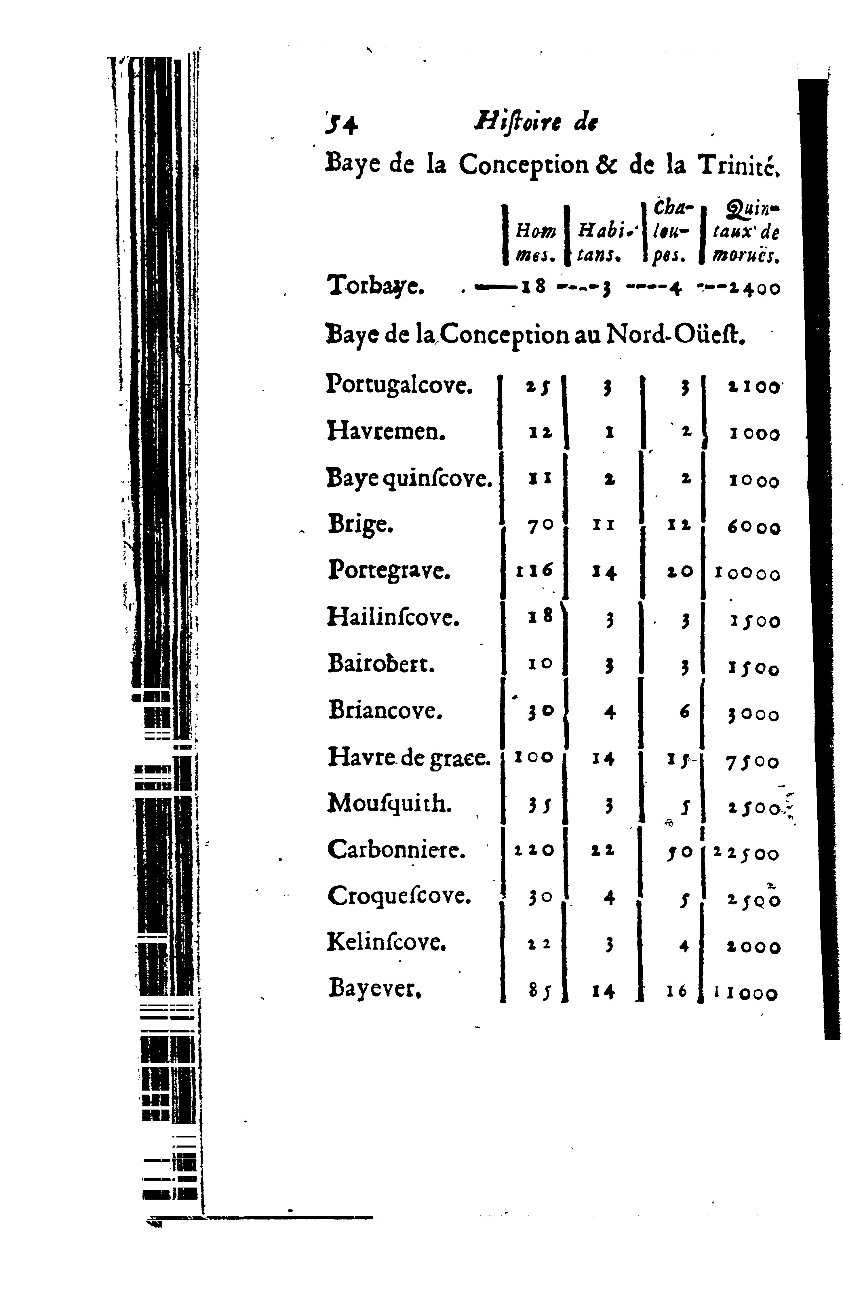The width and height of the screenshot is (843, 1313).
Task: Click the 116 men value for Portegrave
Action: click(x=534, y=571)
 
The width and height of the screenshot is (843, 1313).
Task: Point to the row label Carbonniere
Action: click(x=396, y=850)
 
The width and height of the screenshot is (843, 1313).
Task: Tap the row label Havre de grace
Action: click(x=408, y=758)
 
